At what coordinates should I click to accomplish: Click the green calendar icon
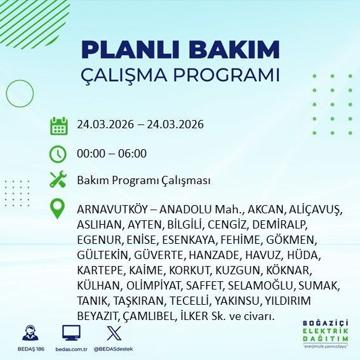tap(58, 125)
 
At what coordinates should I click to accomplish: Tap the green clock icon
tap(58, 154)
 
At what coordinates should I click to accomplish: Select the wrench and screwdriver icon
tap(58, 180)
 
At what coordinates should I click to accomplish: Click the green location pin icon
tap(58, 208)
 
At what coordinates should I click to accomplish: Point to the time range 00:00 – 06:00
tap(112, 154)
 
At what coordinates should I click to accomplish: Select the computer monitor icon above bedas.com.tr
tap(70, 333)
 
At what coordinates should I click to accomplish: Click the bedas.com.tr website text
tap(70, 350)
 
